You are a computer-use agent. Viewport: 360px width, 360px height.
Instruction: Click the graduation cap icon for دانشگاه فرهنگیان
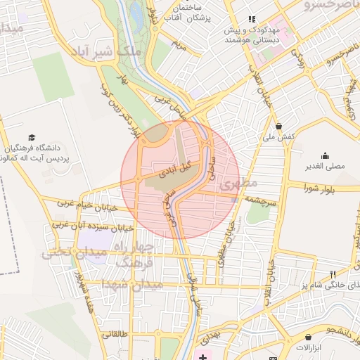(31, 137)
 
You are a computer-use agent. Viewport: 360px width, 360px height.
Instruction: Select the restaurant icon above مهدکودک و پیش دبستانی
(251, 19)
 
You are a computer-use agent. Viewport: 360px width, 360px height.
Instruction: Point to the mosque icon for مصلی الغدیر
(325, 155)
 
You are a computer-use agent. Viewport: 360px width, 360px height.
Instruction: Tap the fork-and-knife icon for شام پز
(333, 274)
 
